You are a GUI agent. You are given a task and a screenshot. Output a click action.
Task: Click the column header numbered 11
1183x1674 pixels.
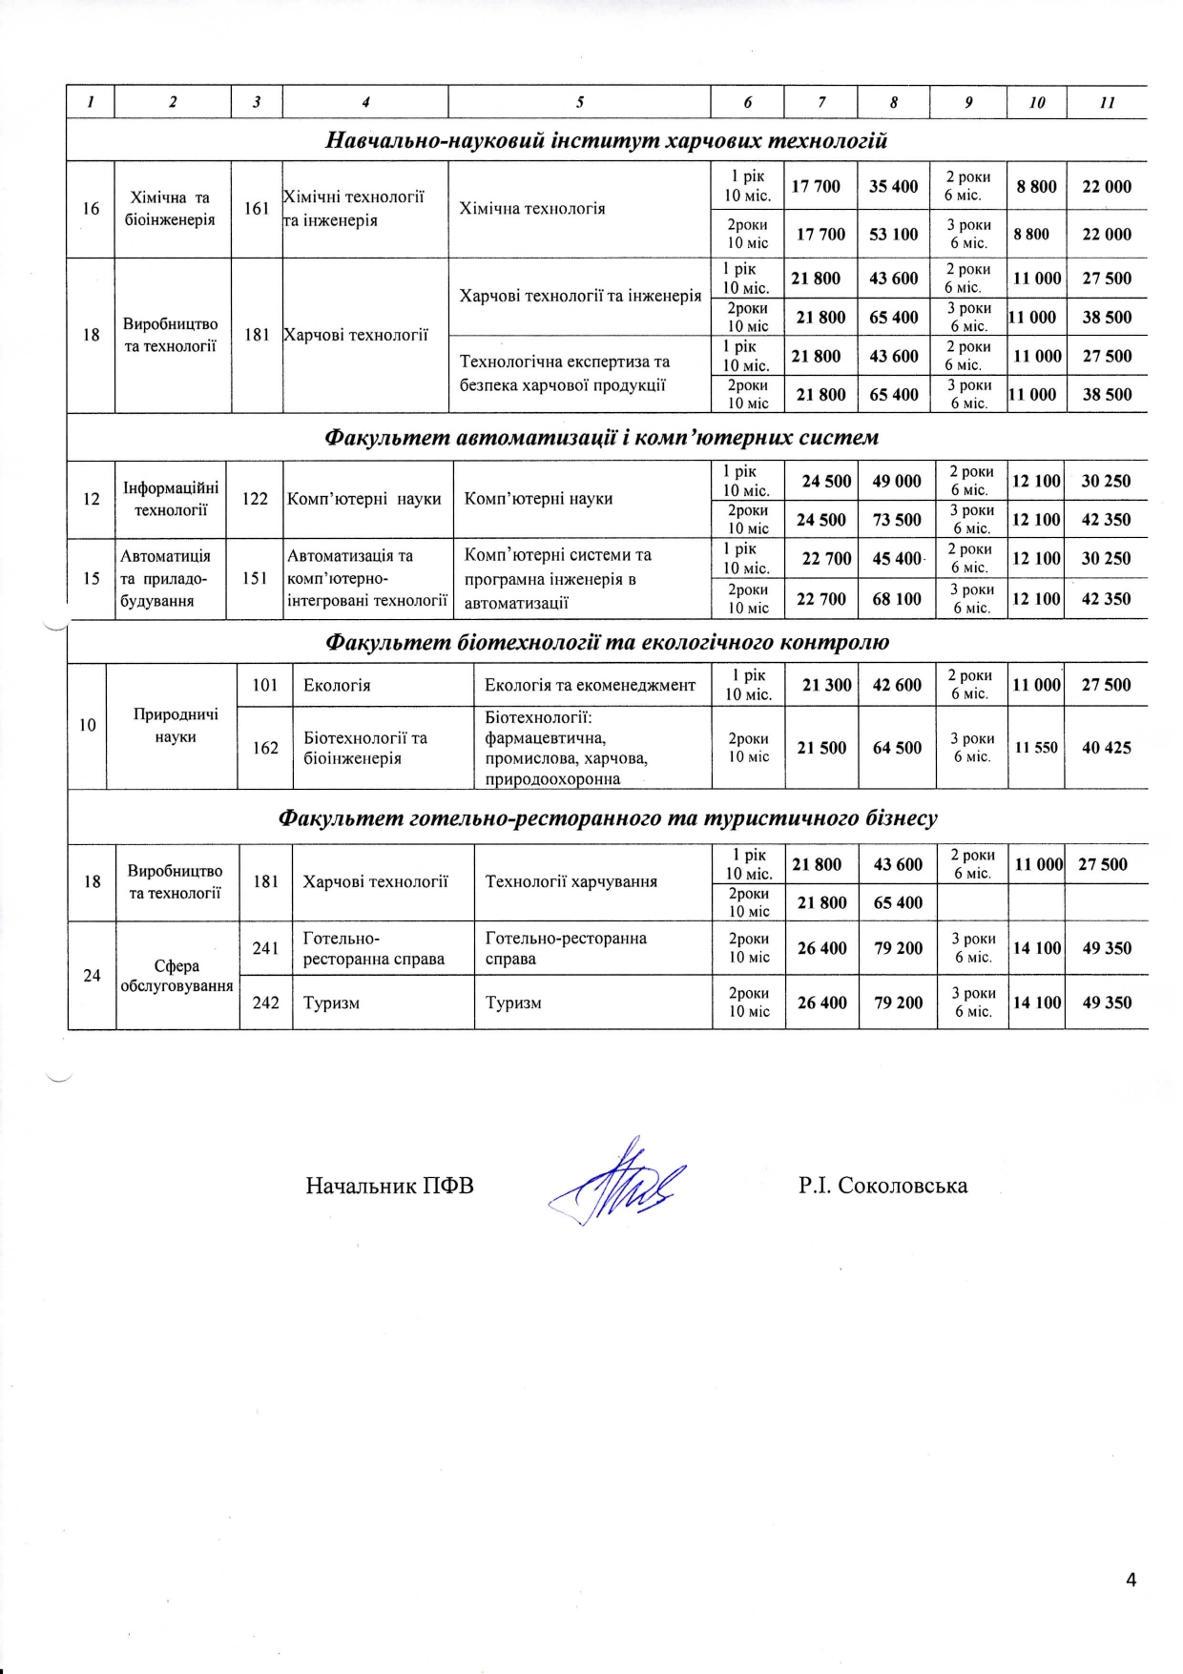coord(1107,102)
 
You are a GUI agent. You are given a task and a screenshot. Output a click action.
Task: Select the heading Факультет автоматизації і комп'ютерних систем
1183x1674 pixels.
coord(601,438)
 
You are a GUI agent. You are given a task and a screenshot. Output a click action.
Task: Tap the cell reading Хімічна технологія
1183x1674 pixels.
coord(532,209)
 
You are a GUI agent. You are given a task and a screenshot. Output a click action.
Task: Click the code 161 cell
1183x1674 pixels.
coord(257,208)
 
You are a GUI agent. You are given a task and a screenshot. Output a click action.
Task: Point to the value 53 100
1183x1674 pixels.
coord(893,234)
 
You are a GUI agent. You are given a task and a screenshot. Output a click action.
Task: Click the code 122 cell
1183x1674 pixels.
coord(255,499)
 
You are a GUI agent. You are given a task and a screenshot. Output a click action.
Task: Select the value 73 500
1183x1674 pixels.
coord(897,520)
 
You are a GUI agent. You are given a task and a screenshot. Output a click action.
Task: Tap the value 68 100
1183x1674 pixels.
coord(897,599)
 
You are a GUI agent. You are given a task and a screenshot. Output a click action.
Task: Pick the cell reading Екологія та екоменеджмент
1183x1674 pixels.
coord(590,685)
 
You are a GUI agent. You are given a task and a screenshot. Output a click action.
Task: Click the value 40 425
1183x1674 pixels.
coord(1106,748)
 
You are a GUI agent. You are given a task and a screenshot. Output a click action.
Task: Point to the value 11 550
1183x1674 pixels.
coord(1035,748)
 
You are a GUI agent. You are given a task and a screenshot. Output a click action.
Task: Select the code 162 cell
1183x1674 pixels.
coord(265,748)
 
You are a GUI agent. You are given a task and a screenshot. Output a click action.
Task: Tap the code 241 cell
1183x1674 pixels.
coord(265,948)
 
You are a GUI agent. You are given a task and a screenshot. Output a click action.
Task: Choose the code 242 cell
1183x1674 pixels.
coord(265,1002)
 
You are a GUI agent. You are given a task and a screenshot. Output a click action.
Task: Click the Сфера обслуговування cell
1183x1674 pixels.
coord(176,976)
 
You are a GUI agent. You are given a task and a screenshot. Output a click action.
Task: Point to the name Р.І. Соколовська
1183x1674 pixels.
coord(882,1186)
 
